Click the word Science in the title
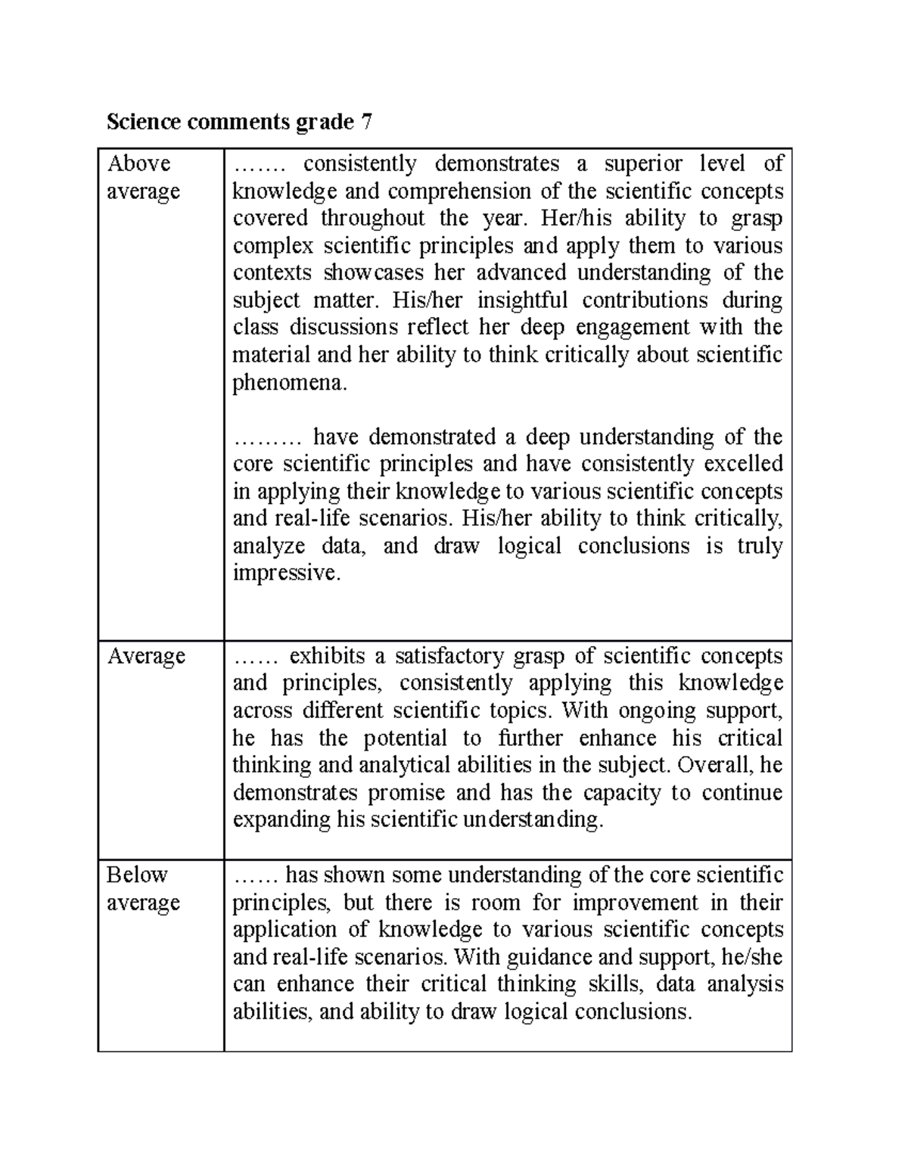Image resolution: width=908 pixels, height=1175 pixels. click(141, 122)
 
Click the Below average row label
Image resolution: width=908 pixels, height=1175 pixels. click(143, 888)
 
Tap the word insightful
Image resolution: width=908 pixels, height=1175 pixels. click(522, 300)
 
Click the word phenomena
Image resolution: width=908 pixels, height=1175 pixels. click(289, 383)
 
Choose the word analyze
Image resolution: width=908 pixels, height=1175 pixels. click(269, 546)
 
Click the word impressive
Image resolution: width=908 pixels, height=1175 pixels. click(286, 573)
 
